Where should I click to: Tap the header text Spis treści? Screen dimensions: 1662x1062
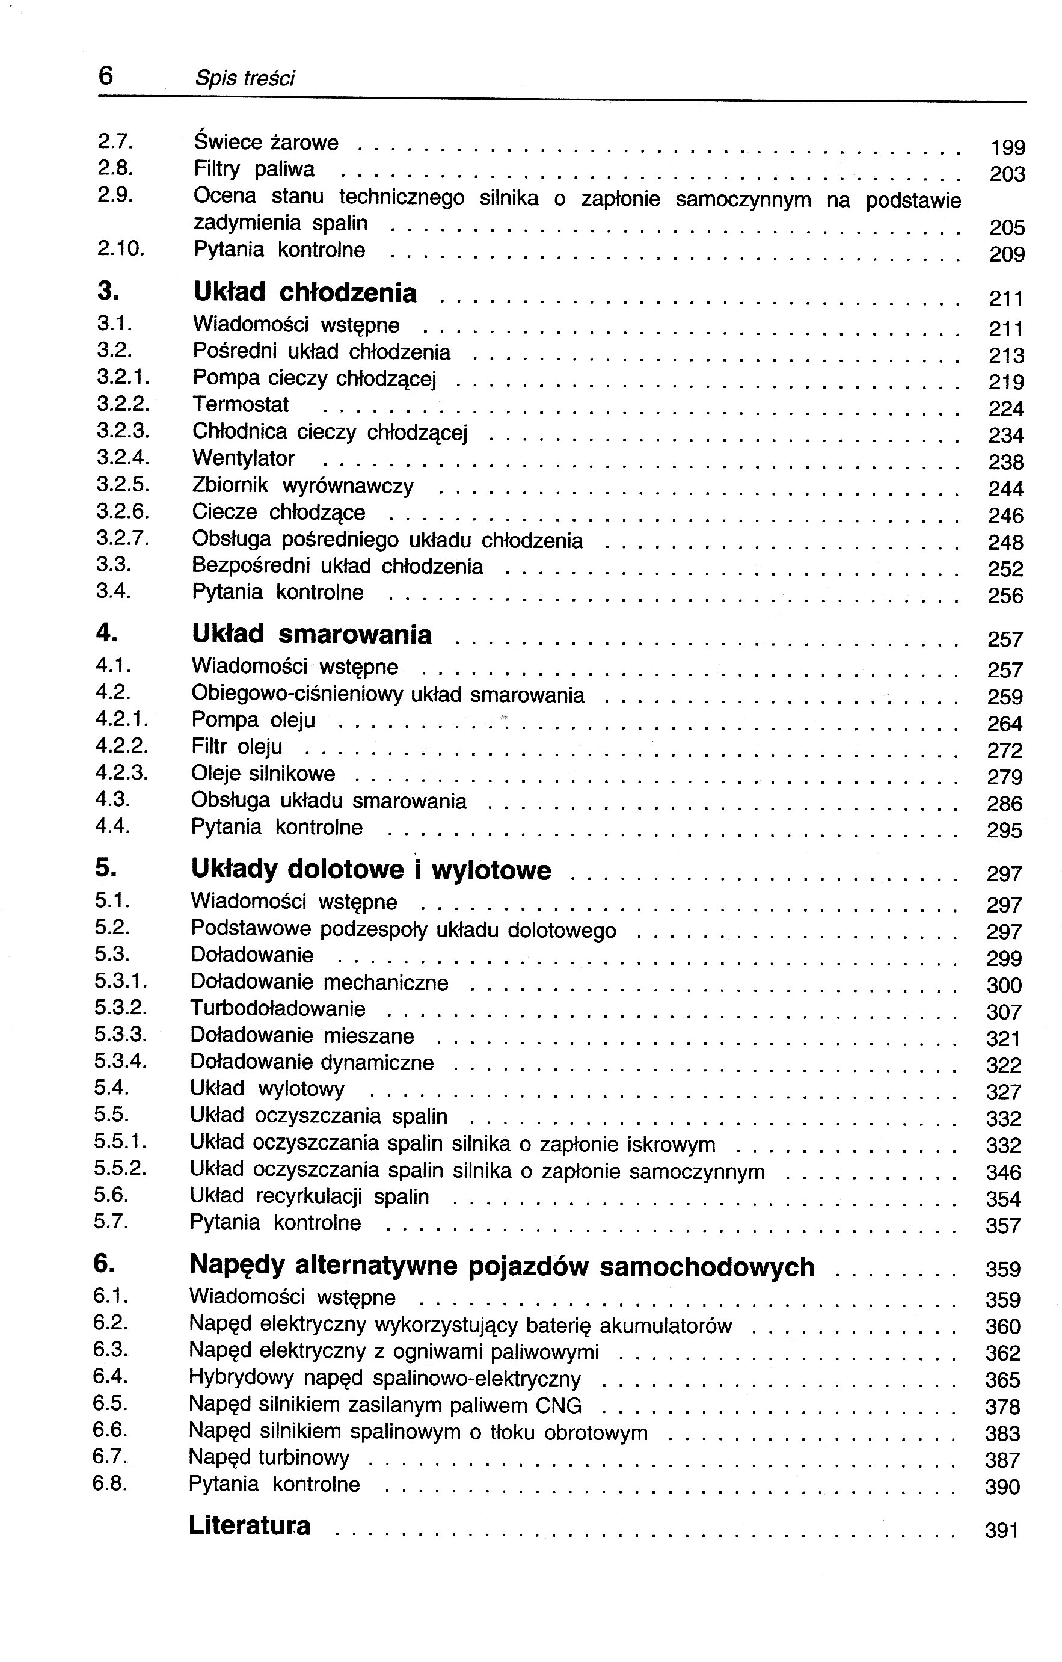(244, 79)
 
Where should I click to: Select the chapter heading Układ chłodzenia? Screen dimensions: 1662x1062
(304, 293)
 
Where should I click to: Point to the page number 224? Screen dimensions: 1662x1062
(1005, 409)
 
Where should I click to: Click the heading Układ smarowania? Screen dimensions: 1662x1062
(312, 634)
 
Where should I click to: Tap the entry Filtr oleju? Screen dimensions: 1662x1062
(237, 747)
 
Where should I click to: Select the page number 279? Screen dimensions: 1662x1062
(1004, 778)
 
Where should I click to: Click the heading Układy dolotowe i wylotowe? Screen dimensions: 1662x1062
(370, 870)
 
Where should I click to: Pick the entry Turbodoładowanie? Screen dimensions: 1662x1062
(277, 1009)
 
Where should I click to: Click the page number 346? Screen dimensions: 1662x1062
(1003, 1172)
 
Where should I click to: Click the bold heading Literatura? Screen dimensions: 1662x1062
(249, 1525)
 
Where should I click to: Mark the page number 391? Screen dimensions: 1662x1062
(1002, 1531)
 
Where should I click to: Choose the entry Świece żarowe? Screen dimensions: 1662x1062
(266, 142)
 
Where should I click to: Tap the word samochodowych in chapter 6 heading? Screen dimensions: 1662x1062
(707, 1267)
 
